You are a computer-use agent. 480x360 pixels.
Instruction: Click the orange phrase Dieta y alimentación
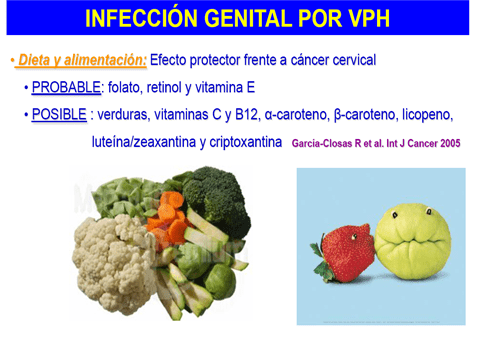[82, 61]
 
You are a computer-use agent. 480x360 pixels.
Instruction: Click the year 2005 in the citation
[446, 143]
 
